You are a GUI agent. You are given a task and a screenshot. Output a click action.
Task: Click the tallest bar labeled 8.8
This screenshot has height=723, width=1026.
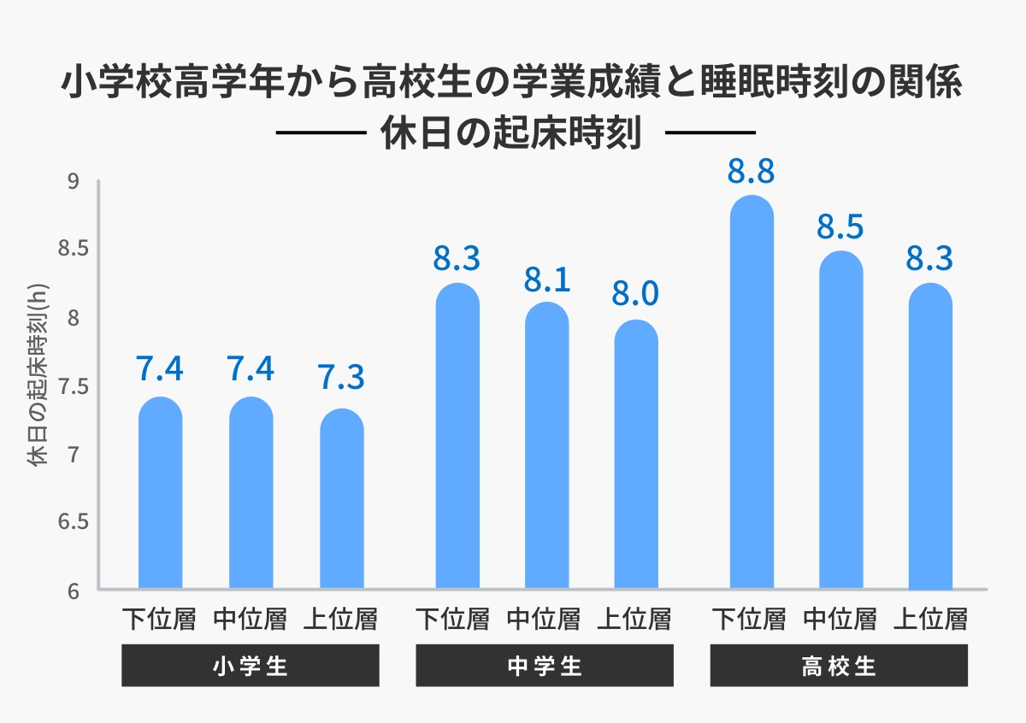752,393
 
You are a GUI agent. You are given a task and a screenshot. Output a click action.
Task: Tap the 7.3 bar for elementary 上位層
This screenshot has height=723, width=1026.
341,500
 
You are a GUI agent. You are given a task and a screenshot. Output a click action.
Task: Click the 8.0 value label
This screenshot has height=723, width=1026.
635,294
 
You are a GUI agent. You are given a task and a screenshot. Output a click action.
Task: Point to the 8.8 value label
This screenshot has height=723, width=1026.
752,171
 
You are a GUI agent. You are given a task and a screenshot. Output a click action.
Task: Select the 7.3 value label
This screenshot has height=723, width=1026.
341,377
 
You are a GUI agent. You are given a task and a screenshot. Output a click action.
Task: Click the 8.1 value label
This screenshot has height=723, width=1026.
546,279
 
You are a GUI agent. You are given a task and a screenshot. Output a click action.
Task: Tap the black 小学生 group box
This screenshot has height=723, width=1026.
250,666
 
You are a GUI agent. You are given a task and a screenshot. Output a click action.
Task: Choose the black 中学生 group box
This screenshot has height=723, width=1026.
545,666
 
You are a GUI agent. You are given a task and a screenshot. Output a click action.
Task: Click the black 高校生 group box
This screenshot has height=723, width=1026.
839,666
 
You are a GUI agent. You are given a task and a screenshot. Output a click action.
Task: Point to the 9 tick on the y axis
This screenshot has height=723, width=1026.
73,181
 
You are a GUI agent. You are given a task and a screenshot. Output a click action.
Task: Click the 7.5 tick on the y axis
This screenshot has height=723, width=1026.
67,386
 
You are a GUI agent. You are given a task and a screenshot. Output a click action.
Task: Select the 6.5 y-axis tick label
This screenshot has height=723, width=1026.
67,522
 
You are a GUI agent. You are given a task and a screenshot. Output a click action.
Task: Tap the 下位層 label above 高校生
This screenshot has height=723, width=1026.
749,618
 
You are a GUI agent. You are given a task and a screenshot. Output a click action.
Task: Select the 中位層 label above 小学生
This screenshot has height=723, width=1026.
250,618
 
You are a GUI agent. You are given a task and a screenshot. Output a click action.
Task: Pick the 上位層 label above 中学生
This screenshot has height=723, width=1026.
634,618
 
